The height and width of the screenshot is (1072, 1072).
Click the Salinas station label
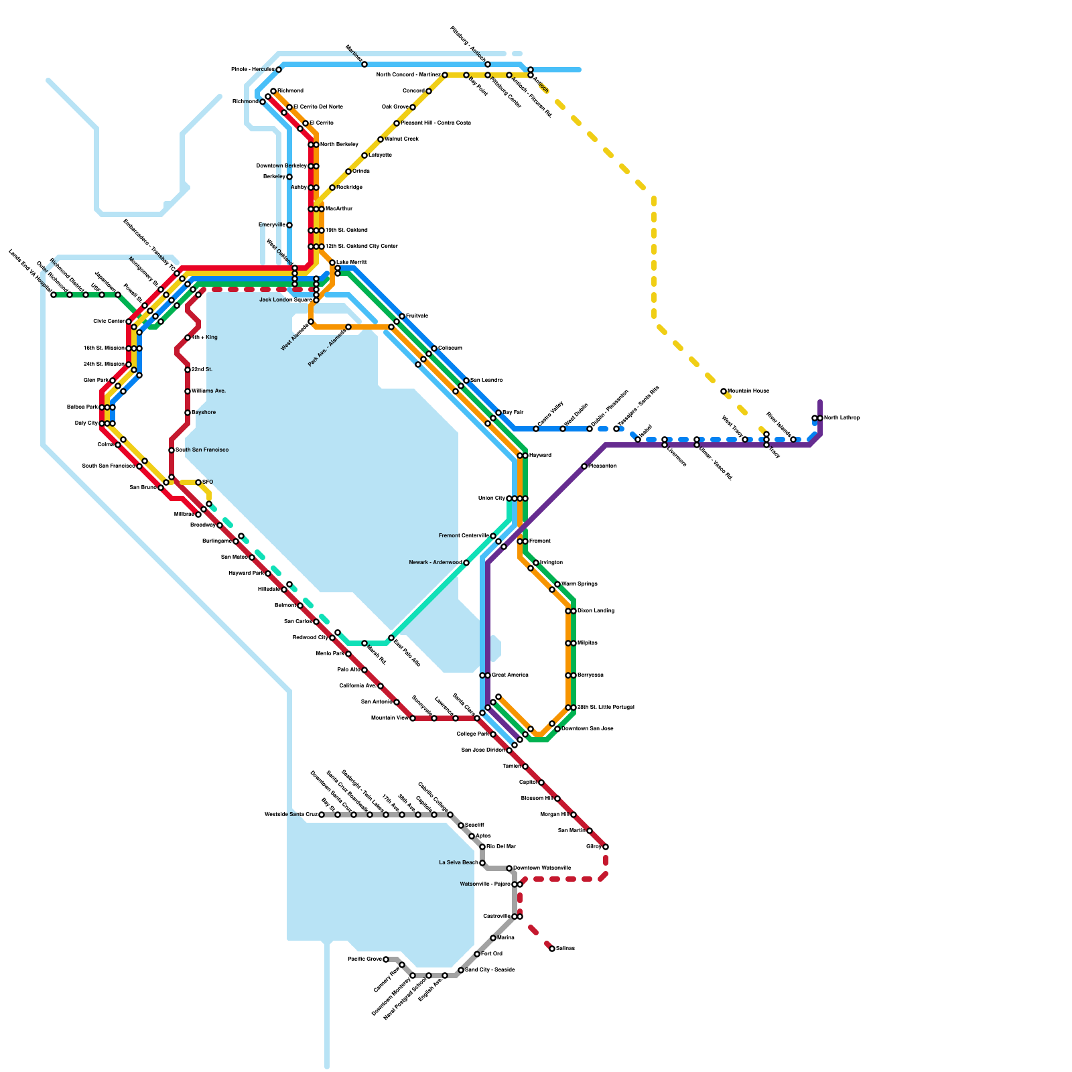click(x=565, y=949)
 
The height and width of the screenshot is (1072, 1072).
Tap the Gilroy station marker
click(x=606, y=847)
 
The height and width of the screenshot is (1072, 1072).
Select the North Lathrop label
click(x=842, y=418)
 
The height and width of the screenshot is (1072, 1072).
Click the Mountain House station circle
click(x=724, y=391)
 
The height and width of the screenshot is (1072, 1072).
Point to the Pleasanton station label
click(x=603, y=466)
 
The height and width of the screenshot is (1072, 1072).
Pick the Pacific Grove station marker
click(x=386, y=959)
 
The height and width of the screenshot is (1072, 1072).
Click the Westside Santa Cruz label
click(x=291, y=815)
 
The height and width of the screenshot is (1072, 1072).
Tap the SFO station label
click(x=208, y=482)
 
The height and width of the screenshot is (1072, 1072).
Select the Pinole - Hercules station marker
click(x=279, y=70)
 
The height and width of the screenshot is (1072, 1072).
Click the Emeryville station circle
click(x=289, y=225)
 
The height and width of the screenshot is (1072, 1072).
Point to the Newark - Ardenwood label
click(x=435, y=563)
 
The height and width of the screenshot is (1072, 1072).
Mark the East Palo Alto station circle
click(x=391, y=638)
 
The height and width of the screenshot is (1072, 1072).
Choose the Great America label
click(x=510, y=675)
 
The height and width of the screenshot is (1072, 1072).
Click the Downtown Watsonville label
click(x=542, y=868)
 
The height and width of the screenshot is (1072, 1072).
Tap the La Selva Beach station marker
click(x=482, y=863)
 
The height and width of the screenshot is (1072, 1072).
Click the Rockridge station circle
click(x=332, y=188)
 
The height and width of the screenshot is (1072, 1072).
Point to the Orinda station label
click(x=361, y=172)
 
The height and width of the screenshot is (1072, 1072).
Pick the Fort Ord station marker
click(x=477, y=954)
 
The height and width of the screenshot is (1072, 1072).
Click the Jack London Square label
click(x=285, y=300)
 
